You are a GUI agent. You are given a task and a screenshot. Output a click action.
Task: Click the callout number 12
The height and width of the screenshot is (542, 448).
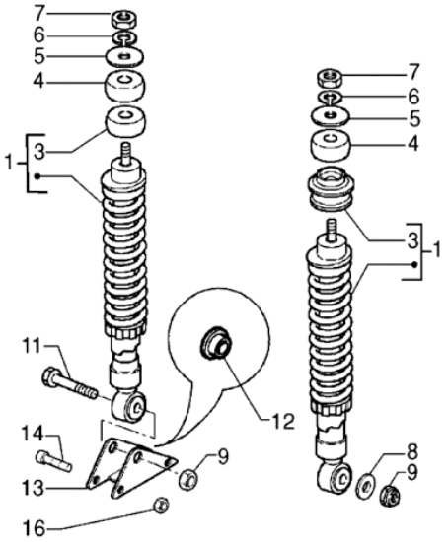pyautogui.click(x=283, y=422)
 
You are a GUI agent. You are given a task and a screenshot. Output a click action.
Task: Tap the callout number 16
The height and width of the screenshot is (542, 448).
pyautogui.click(x=34, y=529)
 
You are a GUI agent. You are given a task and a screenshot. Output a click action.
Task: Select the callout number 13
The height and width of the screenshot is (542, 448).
pyautogui.click(x=34, y=489)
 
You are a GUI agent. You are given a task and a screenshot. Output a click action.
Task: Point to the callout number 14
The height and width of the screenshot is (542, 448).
pyautogui.click(x=33, y=435)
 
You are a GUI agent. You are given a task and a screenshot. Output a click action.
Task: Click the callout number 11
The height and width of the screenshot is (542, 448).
pyautogui.click(x=35, y=347)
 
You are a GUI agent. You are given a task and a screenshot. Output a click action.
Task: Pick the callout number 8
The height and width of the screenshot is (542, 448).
pyautogui.click(x=411, y=451)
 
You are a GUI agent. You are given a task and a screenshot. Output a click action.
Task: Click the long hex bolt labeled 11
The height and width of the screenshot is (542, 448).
pyautogui.click(x=70, y=384)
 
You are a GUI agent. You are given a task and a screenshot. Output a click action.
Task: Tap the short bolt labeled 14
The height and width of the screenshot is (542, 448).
pyautogui.click(x=53, y=461)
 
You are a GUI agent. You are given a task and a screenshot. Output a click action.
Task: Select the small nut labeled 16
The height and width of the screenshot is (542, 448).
pyautogui.click(x=161, y=506)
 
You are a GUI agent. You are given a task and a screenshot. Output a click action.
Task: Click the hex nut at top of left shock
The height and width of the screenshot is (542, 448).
pyautogui.click(x=124, y=19)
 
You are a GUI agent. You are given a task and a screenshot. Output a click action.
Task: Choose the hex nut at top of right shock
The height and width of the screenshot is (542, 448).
pyautogui.click(x=330, y=78)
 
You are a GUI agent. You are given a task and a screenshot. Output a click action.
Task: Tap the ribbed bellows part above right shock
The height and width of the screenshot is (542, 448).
pyautogui.click(x=332, y=189)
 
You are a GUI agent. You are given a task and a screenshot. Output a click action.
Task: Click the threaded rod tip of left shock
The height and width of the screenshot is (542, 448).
pyautogui.click(x=125, y=152)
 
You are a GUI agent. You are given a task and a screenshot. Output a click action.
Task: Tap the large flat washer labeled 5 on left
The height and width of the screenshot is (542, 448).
pyautogui.click(x=124, y=56)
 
